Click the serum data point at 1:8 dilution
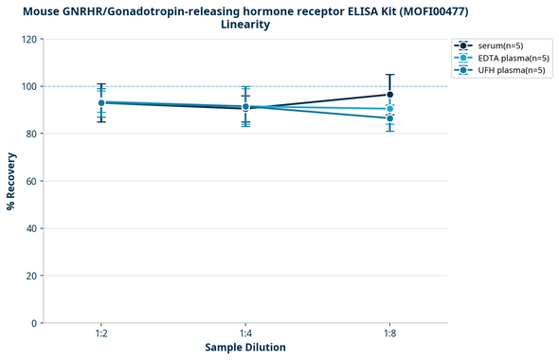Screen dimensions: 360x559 coord(390,95)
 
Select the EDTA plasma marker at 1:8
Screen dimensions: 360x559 coord(390,109)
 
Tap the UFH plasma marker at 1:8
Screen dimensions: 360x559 coord(390,118)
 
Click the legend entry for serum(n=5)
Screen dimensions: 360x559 coord(503,45)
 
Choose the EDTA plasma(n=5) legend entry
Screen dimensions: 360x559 coord(513,58)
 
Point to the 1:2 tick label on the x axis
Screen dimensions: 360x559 coord(101,334)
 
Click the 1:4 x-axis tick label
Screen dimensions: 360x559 coord(245,334)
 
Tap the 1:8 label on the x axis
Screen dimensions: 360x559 coord(390,334)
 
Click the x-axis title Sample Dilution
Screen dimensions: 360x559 coord(245,348)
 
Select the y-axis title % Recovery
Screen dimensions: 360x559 coord(11,180)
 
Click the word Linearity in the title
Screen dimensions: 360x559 coord(244,25)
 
